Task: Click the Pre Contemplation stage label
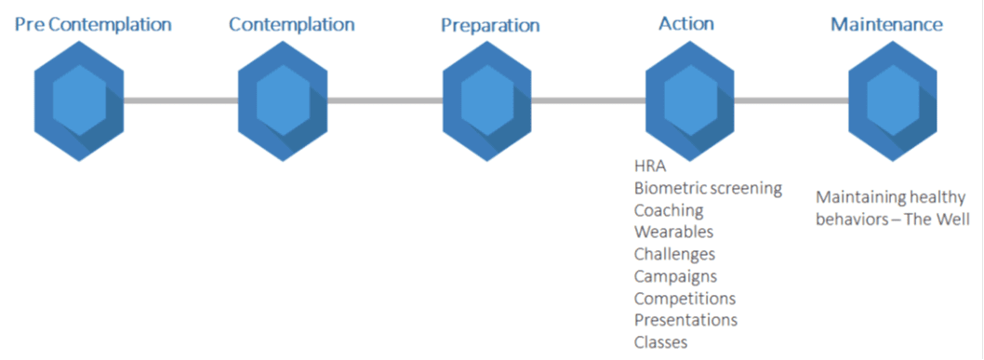(92, 24)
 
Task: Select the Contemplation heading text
(291, 24)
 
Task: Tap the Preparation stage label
(490, 25)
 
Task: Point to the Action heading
(685, 23)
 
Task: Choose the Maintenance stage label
(886, 24)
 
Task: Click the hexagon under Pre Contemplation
(78, 100)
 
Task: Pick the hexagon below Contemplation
(283, 100)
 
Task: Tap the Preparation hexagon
(487, 100)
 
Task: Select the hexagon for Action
(690, 100)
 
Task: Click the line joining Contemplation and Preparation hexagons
(385, 100)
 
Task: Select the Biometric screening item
(708, 189)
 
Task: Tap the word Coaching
(669, 210)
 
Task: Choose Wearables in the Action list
(673, 232)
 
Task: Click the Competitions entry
(685, 299)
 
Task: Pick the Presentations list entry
(685, 320)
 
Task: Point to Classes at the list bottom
(660, 342)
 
